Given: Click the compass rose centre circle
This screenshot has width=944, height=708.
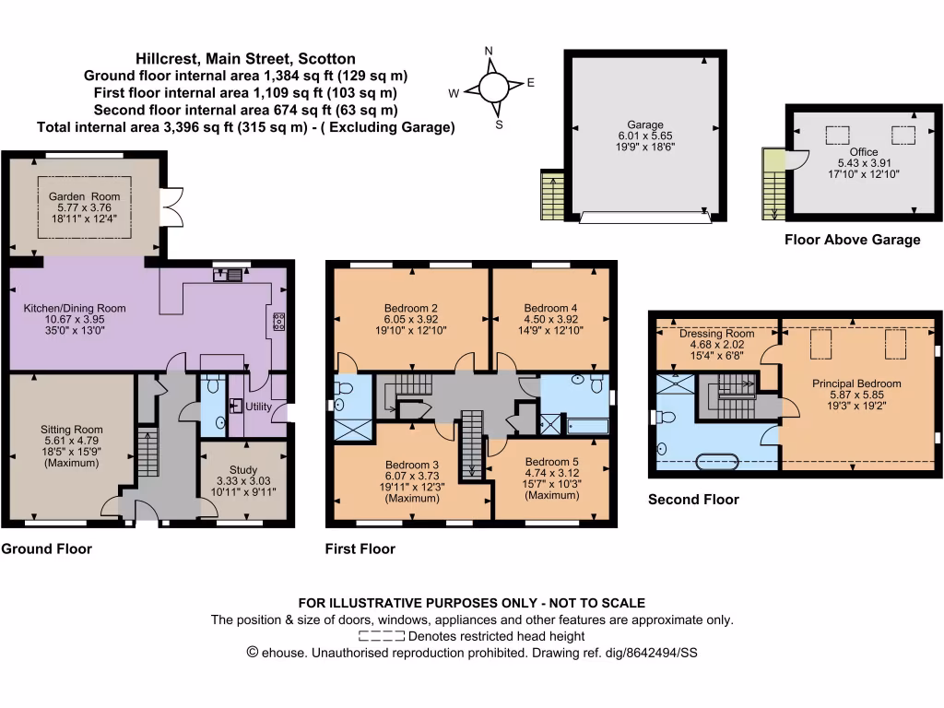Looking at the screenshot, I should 492,88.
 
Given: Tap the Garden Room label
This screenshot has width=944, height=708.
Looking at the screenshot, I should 86,196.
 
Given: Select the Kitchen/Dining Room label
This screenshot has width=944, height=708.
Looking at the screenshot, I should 74,309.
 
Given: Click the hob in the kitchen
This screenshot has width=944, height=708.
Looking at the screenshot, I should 278,322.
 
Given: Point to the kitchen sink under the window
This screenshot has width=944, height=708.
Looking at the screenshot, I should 229,274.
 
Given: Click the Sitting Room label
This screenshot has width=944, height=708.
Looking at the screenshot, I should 71,430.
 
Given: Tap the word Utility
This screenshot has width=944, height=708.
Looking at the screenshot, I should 259,406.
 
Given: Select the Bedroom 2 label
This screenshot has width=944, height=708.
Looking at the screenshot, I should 410,308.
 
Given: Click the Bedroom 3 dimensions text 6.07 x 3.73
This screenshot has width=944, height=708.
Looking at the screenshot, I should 410,475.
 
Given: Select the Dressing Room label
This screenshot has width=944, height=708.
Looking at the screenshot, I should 717,334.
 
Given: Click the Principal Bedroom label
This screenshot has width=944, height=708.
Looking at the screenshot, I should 856,383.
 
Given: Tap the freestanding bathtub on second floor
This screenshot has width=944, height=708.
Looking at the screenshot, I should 720,460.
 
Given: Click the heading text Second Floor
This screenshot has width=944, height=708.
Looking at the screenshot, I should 693,501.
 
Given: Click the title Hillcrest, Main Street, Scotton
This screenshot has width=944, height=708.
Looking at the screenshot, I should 245,58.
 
